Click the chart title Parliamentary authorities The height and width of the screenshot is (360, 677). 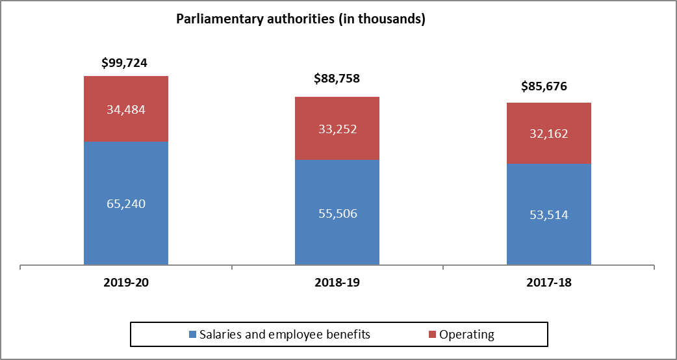(x=301, y=19)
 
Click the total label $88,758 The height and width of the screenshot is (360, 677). (x=337, y=79)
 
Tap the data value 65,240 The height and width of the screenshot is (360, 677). (x=126, y=203)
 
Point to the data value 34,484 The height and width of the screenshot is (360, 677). (x=126, y=109)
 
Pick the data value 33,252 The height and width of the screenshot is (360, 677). (x=337, y=129)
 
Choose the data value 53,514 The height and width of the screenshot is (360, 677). (x=549, y=215)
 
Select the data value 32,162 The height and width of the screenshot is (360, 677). (x=549, y=134)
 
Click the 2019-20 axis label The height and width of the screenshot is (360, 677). (x=126, y=283)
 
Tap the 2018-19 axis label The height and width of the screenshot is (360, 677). (x=337, y=283)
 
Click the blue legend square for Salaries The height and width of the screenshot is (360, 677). (x=192, y=335)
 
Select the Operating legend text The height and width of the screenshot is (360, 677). (x=466, y=335)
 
